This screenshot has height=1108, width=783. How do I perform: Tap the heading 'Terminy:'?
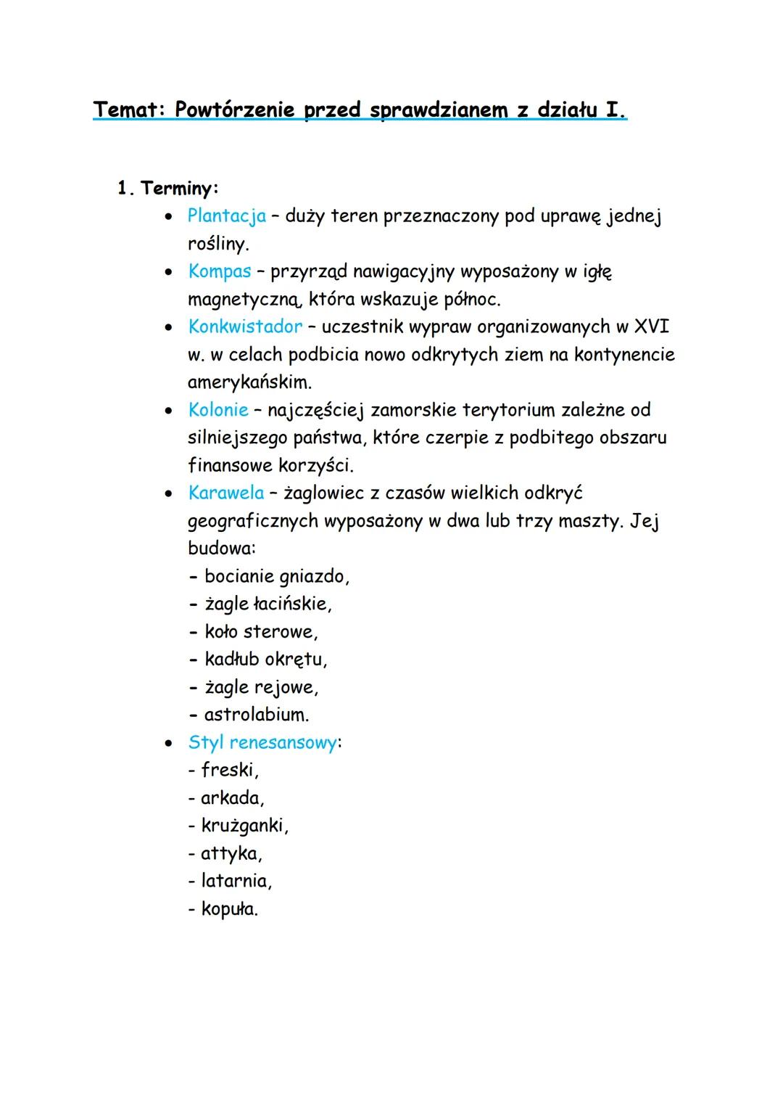click(179, 189)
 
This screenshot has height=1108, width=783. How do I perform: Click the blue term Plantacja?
click(226, 216)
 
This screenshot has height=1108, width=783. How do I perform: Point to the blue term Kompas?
click(219, 271)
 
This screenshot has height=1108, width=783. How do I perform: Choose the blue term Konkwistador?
click(244, 327)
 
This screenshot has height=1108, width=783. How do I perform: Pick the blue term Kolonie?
click(217, 410)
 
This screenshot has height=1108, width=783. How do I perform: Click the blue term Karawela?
click(225, 493)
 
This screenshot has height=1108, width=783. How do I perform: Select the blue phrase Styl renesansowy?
click(262, 743)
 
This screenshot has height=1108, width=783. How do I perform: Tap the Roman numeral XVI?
click(651, 327)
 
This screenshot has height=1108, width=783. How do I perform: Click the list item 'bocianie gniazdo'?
click(275, 577)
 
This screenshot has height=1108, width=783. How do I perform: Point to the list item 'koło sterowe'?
click(260, 632)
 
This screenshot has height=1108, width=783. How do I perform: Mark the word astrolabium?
click(256, 715)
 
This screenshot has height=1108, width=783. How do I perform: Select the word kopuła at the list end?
click(228, 909)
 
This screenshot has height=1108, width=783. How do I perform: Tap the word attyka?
click(231, 853)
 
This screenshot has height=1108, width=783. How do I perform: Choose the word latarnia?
click(236, 881)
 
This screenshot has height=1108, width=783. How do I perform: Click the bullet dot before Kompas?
click(168, 272)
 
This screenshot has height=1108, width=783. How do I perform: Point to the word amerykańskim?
click(249, 382)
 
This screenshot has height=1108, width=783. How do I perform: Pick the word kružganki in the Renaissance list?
click(244, 826)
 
